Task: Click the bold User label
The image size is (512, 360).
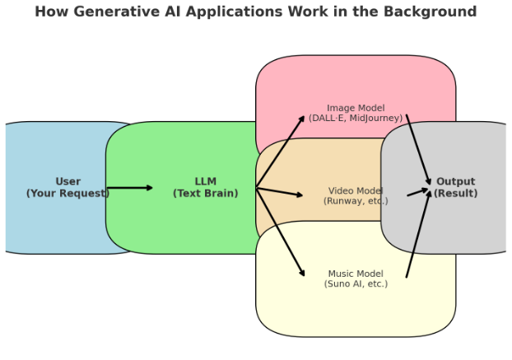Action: point(67,182)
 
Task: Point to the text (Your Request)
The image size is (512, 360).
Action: point(67,194)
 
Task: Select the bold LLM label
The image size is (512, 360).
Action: point(206,182)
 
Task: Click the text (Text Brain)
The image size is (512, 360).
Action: point(206,194)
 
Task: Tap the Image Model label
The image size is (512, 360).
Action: point(356,108)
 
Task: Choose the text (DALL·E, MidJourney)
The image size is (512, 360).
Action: point(356,119)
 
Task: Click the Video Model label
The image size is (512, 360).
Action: point(356,191)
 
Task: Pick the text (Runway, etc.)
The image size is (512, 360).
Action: point(356,201)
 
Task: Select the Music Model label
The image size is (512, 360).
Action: point(356,274)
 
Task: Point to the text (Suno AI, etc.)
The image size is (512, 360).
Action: point(356,284)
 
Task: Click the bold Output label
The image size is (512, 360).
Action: point(455,182)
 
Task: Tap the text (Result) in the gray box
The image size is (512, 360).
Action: point(455,194)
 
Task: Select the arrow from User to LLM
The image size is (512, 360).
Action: point(129,188)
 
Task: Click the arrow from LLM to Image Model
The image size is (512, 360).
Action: point(281,152)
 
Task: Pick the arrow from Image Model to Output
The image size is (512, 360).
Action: point(418,150)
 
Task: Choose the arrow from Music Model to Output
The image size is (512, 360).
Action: point(418,234)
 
